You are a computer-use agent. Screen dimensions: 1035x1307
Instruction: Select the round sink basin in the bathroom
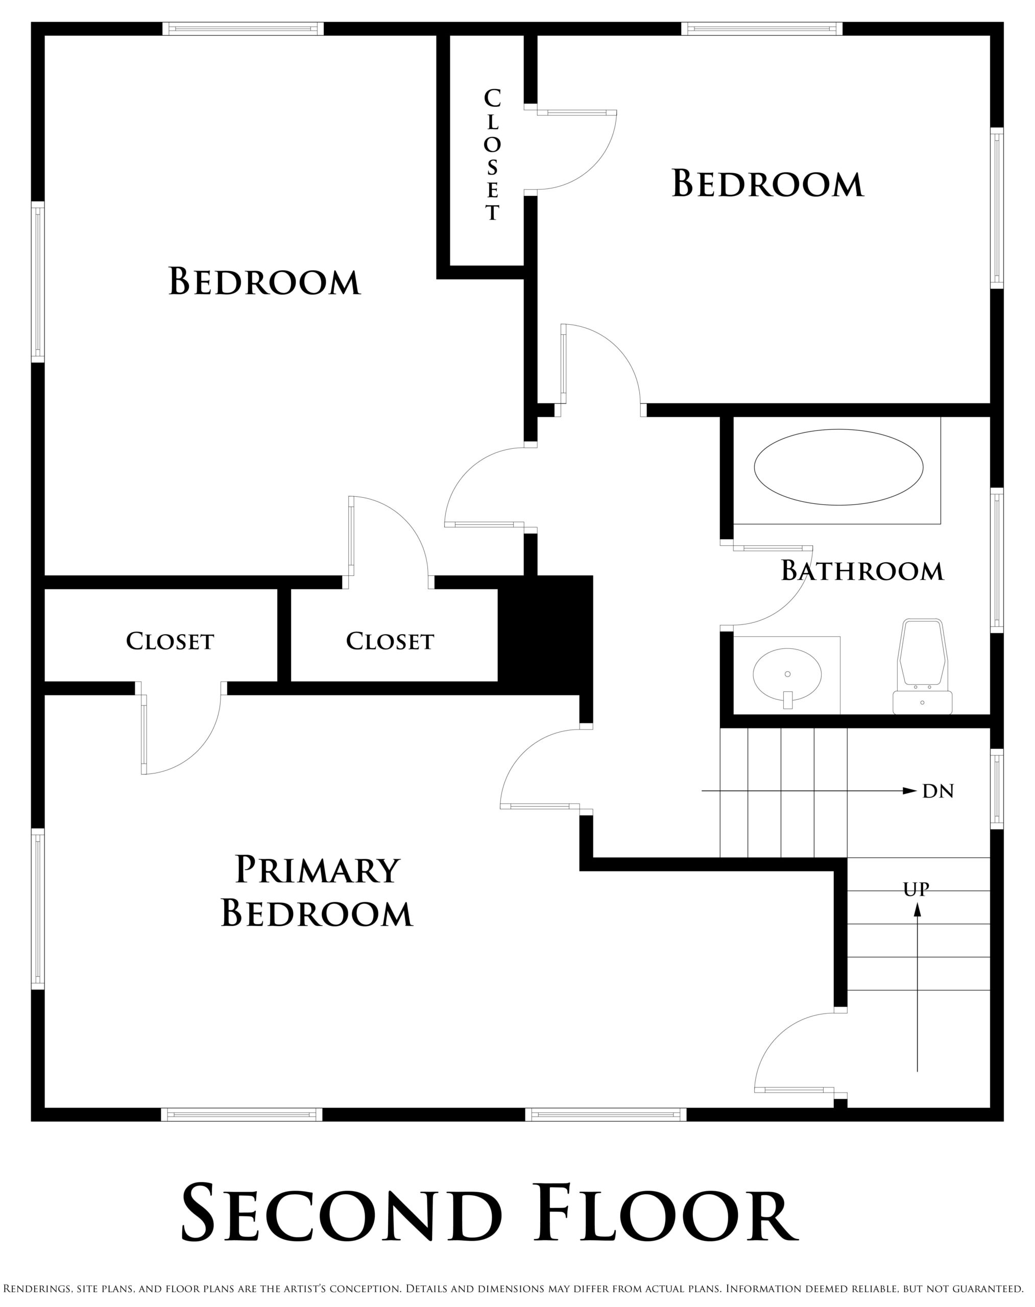[x=787, y=674]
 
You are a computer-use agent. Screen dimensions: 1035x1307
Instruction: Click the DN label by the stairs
[x=938, y=791]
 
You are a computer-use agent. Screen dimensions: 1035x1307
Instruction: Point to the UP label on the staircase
[x=916, y=889]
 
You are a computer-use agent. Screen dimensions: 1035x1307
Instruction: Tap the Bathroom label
[x=862, y=571]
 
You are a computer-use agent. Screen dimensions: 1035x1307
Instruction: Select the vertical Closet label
[x=492, y=155]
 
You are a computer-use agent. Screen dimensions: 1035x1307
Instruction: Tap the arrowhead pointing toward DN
[x=909, y=791]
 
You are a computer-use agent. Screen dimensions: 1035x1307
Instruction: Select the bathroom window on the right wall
[x=997, y=561]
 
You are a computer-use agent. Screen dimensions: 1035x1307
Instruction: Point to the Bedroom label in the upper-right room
[x=768, y=184]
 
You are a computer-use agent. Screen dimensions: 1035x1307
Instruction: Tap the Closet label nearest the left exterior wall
[x=170, y=641]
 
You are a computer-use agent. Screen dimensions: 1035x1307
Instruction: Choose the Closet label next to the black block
[x=390, y=641]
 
